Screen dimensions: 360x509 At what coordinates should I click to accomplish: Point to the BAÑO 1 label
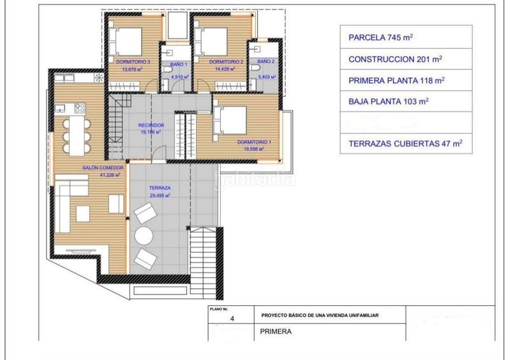click(x=178, y=65)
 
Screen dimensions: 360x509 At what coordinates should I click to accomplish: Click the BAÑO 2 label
click(x=266, y=62)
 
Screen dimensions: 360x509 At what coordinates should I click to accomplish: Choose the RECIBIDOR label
click(x=151, y=125)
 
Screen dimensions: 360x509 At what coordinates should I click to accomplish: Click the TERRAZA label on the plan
click(x=160, y=189)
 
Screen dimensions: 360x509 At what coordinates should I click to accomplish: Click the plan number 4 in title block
click(x=232, y=322)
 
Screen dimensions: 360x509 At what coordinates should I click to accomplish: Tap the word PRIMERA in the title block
click(x=276, y=331)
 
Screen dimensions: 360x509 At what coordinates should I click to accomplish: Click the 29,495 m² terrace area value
click(x=160, y=197)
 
